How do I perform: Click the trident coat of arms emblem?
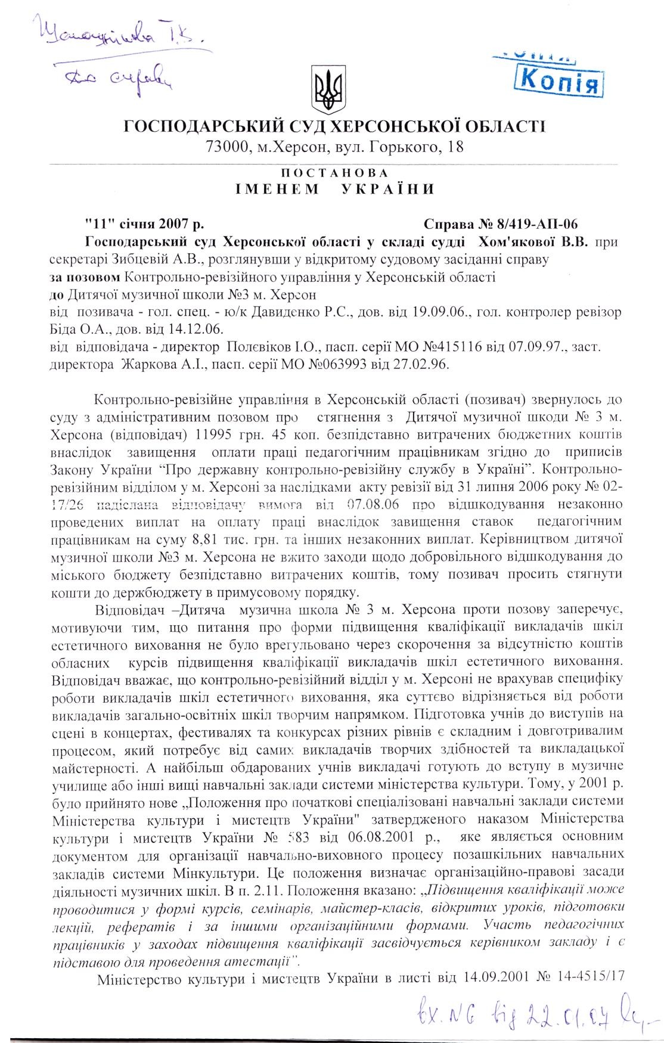click(327, 91)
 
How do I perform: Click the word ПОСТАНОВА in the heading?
click(334, 173)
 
